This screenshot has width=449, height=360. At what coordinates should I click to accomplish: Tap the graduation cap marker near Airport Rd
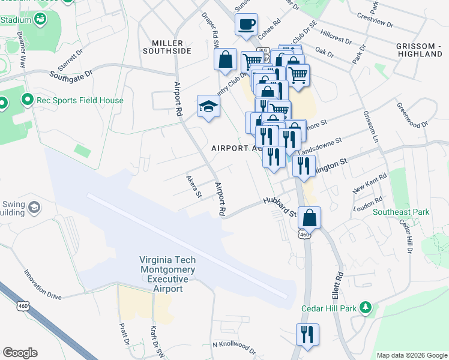coord(208,107)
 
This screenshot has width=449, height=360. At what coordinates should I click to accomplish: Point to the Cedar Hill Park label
coord(331,308)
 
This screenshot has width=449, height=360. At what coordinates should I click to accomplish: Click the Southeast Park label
coord(400,212)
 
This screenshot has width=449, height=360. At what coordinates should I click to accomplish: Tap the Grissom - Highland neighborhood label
coord(419,50)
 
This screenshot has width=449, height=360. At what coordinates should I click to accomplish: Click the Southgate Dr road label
coord(71,75)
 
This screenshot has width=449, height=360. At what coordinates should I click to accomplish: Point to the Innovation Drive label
coord(43,285)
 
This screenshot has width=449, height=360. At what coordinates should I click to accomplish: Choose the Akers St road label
coord(193,187)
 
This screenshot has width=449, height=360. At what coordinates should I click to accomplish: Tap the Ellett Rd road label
coord(339,284)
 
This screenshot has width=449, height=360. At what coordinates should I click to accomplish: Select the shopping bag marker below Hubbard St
coord(309,218)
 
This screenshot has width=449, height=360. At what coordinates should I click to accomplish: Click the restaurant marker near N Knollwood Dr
coord(307,334)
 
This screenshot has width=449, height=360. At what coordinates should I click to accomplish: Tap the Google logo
coord(20,353)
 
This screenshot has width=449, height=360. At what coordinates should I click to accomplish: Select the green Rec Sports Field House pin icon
coord(27,100)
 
